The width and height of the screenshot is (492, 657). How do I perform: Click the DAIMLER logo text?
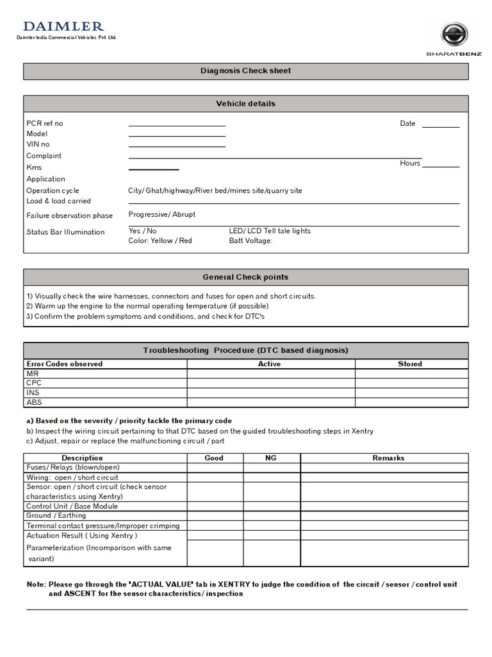63,26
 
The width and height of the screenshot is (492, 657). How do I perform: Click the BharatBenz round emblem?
457,35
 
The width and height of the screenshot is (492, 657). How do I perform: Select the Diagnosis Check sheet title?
245,71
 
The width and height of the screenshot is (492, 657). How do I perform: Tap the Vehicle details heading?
245,103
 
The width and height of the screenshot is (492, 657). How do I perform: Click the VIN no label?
38,144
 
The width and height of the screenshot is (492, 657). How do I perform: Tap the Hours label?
410,163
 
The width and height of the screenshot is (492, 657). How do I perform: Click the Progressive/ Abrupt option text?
162,214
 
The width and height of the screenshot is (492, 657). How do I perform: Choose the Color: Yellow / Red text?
160,241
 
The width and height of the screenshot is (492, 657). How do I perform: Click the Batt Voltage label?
250,241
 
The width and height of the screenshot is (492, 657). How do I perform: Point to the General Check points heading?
245,277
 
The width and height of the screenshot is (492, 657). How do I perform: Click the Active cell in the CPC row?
270,383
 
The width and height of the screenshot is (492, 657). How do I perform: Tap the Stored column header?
410,364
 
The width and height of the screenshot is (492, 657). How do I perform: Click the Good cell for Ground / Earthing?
215,516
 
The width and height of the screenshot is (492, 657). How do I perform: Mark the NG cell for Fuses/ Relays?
272,468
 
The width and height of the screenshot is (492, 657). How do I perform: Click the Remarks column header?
388,458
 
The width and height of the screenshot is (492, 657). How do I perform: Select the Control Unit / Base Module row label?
72,506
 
